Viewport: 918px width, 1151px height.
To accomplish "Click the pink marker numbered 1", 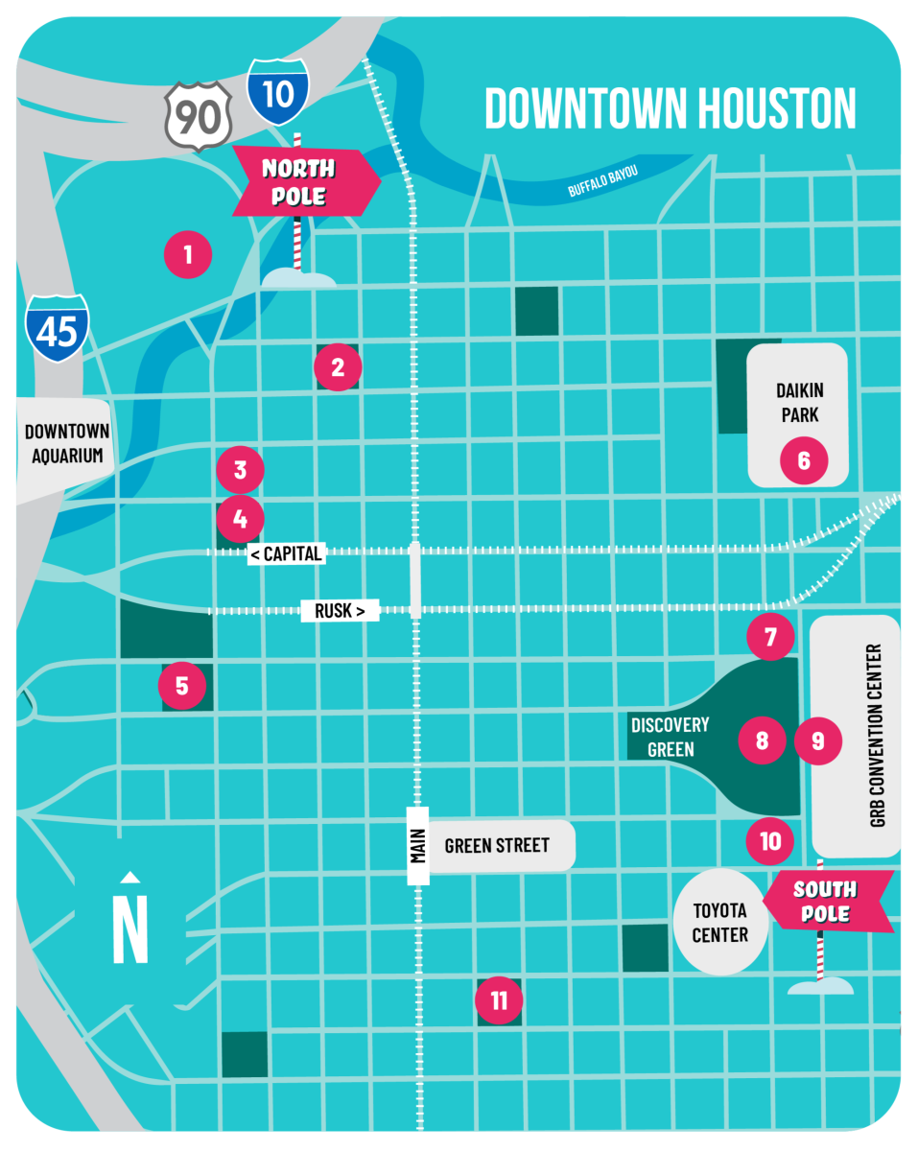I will coord(187,254).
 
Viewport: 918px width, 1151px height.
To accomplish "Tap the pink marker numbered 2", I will coord(337,366).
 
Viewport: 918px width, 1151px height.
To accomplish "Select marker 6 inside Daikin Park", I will coord(804,460).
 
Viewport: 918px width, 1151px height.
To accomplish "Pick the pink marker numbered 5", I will coord(182,685).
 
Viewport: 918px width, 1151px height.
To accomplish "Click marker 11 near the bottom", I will coord(499,1001).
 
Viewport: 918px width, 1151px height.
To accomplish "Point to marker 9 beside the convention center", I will coord(818,740).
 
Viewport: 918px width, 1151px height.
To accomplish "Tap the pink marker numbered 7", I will coord(771,637).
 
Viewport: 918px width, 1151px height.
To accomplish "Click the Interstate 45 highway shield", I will coord(58,329).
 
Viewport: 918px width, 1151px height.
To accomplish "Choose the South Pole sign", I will coord(826,902).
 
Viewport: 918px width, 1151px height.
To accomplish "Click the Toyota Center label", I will coord(719,922).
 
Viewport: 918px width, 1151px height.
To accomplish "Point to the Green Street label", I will coord(497,845).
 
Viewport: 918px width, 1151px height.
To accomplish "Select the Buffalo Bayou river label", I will coord(602,179).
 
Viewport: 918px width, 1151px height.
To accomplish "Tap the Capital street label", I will coord(286,553).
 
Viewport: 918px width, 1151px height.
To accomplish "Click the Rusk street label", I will coord(340,610).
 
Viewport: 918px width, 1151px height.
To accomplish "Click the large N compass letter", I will coord(130,927).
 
